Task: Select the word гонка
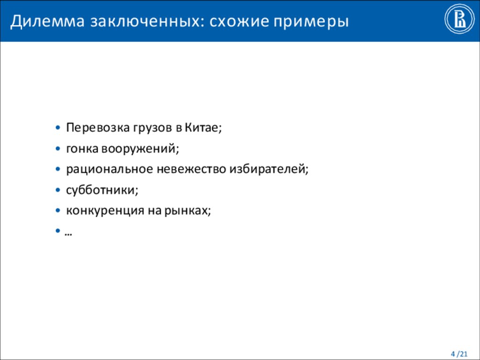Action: tap(82, 149)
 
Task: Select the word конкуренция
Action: tap(105, 211)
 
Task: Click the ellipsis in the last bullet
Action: tap(68, 233)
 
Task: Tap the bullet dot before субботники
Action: tap(57, 190)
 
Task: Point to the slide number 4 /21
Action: tap(459, 353)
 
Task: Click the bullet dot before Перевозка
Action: tap(57, 127)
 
